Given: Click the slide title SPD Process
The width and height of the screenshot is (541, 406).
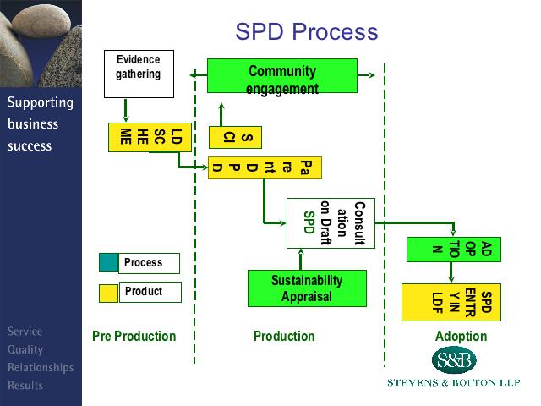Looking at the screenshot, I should point(306,32).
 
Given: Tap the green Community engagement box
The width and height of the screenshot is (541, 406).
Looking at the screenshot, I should point(281,76).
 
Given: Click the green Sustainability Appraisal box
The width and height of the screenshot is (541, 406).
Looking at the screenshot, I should point(307,288).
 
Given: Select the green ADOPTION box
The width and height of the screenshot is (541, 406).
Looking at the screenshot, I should point(454,250).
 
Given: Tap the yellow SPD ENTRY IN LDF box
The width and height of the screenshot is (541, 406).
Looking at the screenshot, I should point(451,302).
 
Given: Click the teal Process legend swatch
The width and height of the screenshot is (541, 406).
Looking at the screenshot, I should point(109,263).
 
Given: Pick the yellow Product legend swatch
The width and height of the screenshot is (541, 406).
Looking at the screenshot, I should point(109,293).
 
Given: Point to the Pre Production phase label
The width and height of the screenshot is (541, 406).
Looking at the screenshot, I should point(134,337).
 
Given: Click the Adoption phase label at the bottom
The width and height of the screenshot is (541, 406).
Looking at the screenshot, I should point(461,337).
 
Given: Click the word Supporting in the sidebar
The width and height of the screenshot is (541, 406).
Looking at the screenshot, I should point(41,103).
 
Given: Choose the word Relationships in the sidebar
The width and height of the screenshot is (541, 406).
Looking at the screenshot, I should point(41,368).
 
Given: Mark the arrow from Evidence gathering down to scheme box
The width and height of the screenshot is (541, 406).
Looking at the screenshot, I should point(126,110).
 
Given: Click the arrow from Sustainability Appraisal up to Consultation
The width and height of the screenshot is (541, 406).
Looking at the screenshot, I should point(300,257).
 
